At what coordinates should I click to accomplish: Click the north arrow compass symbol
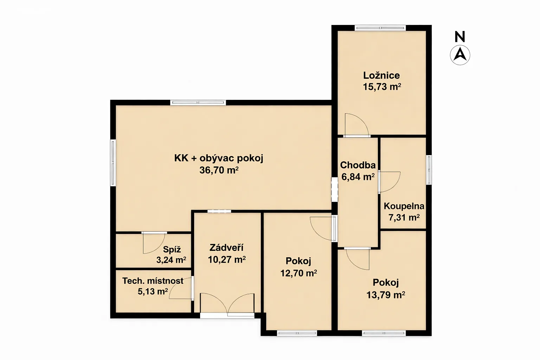coord(460,55)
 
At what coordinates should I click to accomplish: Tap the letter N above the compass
coord(460,37)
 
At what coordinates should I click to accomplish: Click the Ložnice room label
coord(381,76)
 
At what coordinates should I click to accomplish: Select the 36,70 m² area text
coord(219,170)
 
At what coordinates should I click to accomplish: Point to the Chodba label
coord(358,165)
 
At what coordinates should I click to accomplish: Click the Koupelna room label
coord(404,206)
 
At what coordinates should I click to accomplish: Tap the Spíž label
coord(172,249)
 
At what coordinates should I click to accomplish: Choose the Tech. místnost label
coord(153,281)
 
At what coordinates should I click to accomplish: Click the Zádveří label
coord(226,247)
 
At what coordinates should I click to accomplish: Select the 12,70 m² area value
coord(298,273)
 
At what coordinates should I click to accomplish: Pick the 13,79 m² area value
coord(386,295)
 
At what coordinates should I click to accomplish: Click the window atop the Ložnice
coord(380,28)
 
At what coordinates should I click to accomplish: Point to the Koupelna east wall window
coord(429,170)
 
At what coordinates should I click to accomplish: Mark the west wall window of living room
coord(113,163)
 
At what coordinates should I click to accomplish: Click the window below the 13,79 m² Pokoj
coord(384,333)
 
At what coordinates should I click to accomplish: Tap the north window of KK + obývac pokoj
coord(198,102)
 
